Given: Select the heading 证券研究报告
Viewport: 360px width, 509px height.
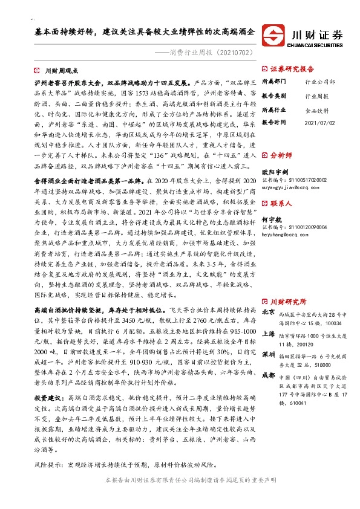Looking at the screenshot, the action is [292, 68].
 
